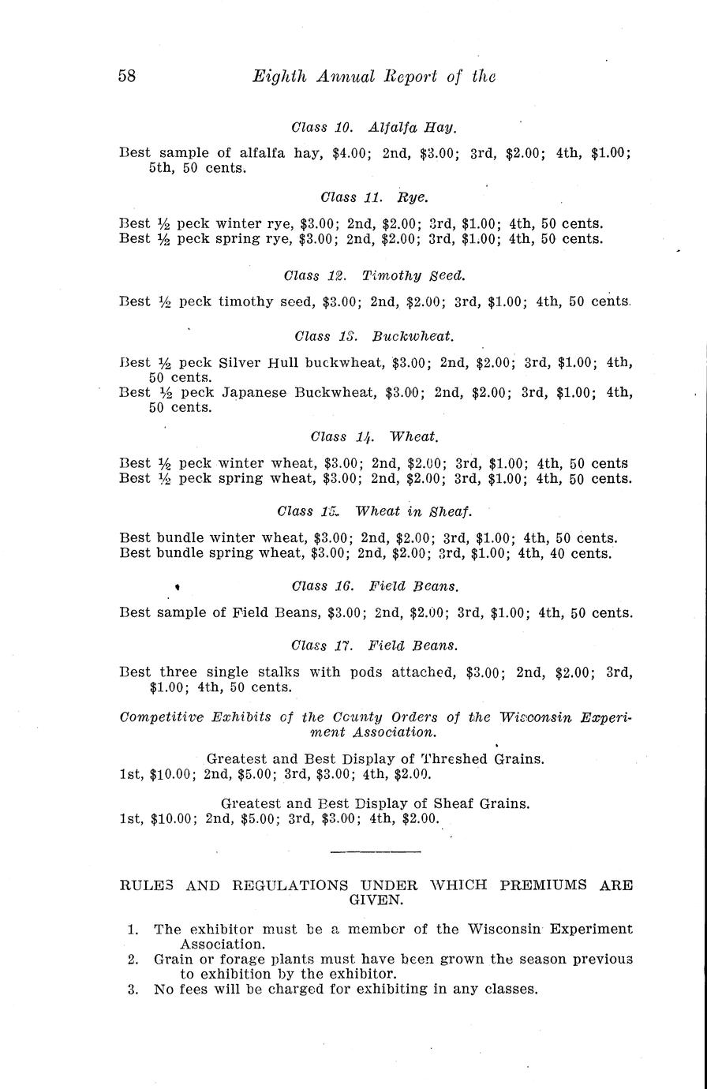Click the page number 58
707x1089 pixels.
click(128, 76)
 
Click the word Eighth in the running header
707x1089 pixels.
click(272, 76)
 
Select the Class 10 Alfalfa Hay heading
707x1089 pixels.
click(374, 127)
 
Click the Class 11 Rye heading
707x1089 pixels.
click(375, 196)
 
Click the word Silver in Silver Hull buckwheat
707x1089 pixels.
click(240, 363)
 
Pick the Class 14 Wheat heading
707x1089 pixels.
click(375, 436)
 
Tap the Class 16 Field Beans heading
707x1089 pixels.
click(375, 586)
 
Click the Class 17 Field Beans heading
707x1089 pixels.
click(375, 646)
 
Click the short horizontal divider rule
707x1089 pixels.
click(376, 851)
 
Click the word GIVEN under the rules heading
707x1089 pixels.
click(375, 899)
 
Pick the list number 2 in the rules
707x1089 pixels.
click(133, 960)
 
